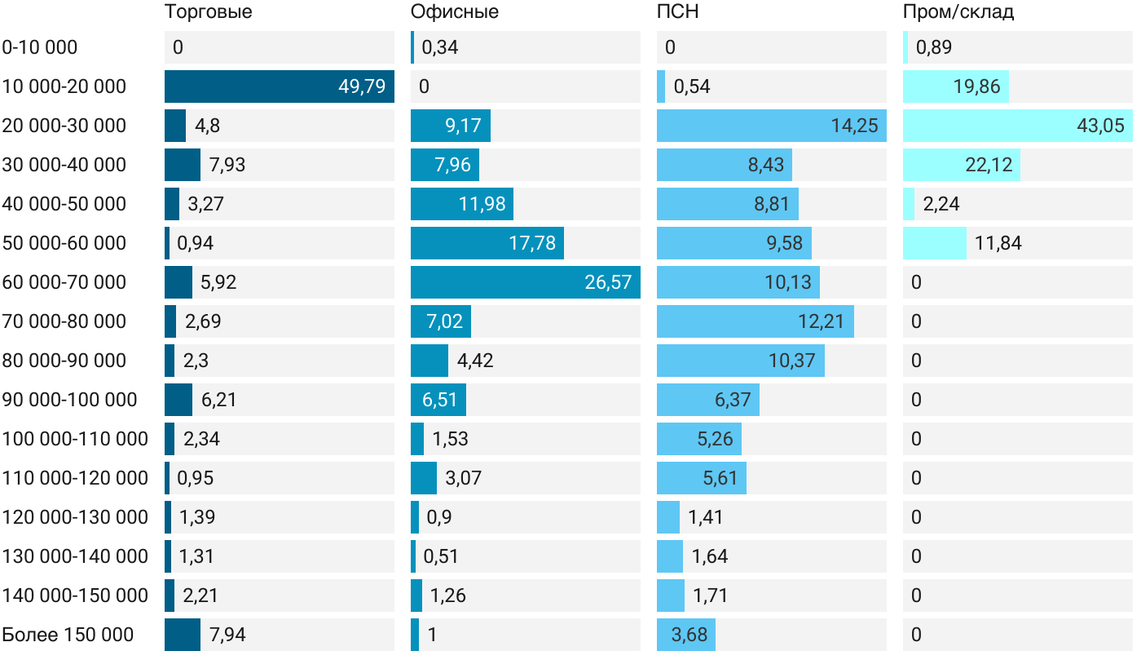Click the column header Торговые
[208, 12]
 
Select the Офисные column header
[455, 12]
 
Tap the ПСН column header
[677, 12]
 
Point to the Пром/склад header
[958, 12]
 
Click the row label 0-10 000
[40, 47]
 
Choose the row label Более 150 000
[68, 635]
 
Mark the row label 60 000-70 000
[64, 282]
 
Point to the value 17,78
[532, 243]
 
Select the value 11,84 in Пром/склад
[998, 243]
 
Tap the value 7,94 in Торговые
[227, 635]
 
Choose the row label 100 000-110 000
[75, 439]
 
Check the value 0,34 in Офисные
[440, 47]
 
